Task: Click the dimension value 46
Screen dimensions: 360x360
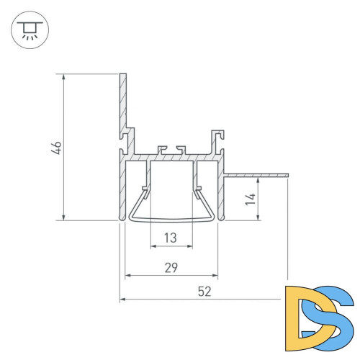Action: [x=56, y=147]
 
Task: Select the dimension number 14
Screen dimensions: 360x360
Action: [x=249, y=199]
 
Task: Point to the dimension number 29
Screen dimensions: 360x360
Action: [x=172, y=267]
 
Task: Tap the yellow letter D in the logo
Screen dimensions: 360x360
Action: [x=302, y=313]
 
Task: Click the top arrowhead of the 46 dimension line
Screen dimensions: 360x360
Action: [x=65, y=76]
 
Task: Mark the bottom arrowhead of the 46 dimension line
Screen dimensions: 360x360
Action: [x=65, y=217]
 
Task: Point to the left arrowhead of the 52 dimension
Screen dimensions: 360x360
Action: [x=123, y=297]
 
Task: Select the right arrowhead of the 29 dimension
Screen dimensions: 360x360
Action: [x=215, y=275]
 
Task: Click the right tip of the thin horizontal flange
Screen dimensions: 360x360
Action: [x=287, y=174]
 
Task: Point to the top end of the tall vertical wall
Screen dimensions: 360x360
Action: [x=123, y=74]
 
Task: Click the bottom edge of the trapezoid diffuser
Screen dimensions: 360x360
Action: [x=172, y=217]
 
